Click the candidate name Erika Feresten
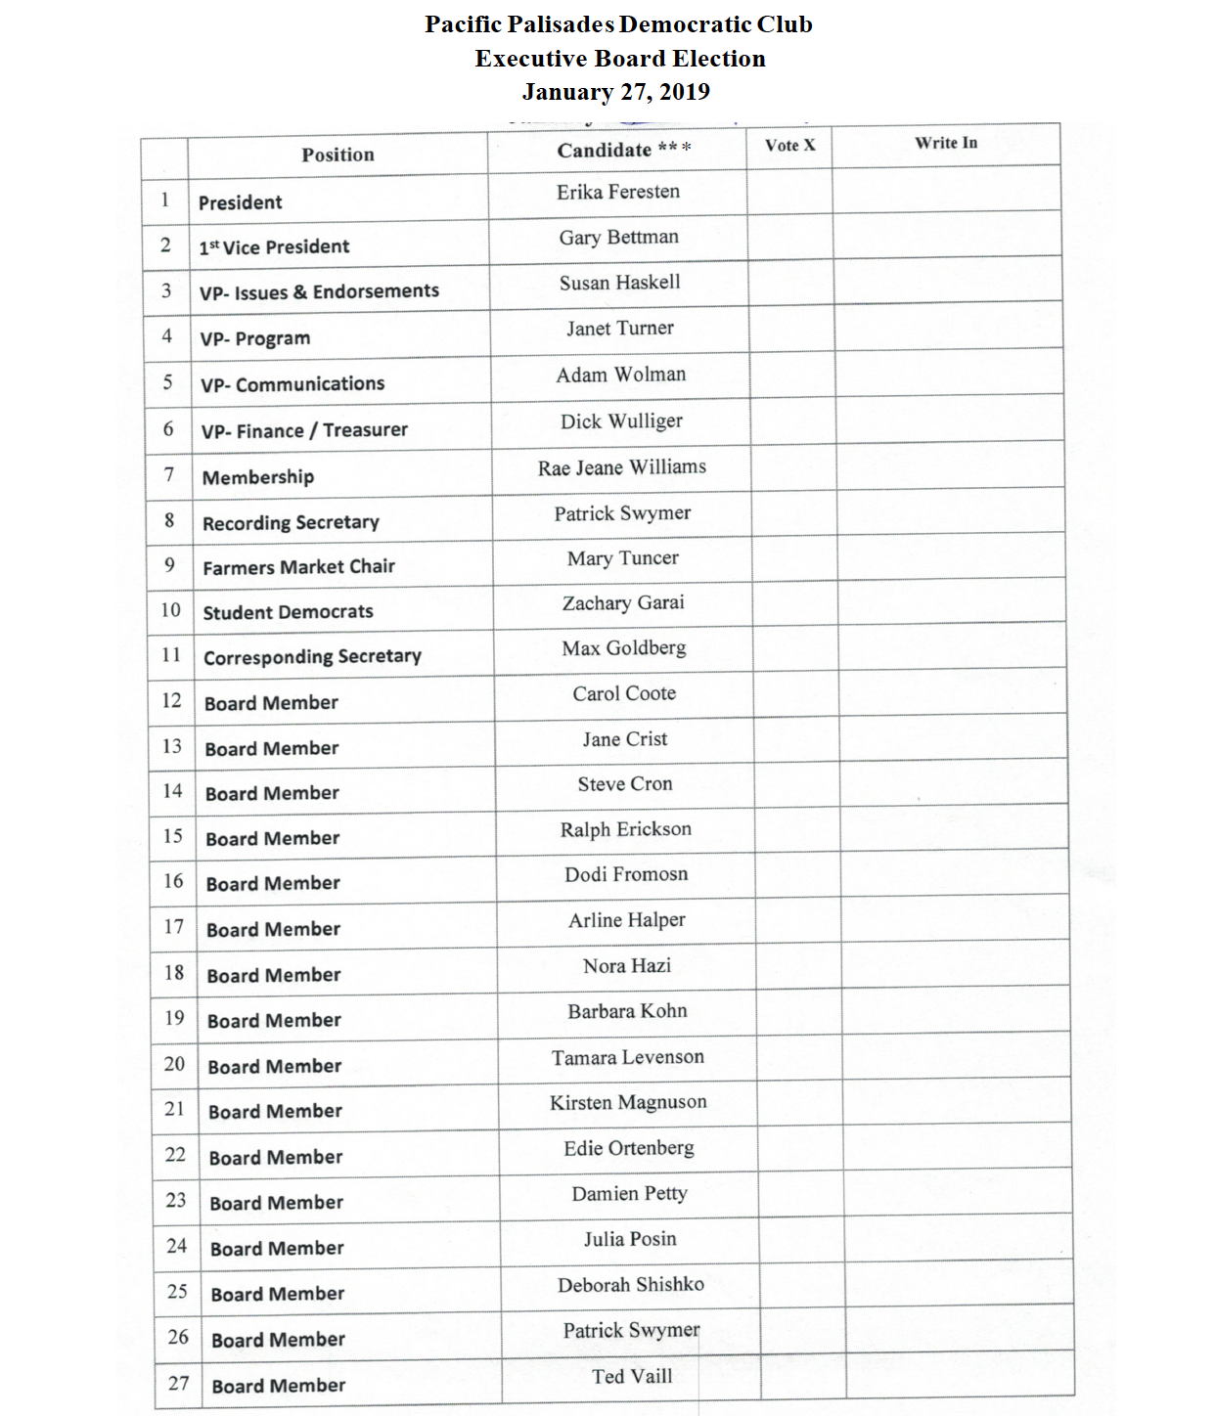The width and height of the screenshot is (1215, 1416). click(x=618, y=192)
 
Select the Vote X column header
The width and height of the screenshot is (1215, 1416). click(x=789, y=145)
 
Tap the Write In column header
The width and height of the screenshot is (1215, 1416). click(x=946, y=143)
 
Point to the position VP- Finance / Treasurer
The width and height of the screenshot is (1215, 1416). click(x=304, y=430)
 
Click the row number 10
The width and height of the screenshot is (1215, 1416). click(x=170, y=610)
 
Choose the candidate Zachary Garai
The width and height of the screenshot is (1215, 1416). click(x=623, y=602)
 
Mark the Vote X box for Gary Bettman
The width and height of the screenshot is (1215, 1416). click(x=790, y=238)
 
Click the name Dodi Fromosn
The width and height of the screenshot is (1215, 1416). click(x=626, y=874)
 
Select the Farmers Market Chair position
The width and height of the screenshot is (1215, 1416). click(x=298, y=566)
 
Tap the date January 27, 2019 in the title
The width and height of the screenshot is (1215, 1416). click(x=616, y=92)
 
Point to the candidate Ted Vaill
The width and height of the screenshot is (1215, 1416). click(x=632, y=1376)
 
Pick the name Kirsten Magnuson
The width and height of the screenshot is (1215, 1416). click(x=628, y=1102)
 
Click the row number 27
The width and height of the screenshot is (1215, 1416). click(x=178, y=1383)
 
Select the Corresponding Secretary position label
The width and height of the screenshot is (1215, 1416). click(x=312, y=656)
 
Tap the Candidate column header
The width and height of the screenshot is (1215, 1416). click(x=624, y=150)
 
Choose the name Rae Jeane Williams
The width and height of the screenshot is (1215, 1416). click(x=622, y=467)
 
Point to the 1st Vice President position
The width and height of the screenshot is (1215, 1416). click(x=274, y=246)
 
